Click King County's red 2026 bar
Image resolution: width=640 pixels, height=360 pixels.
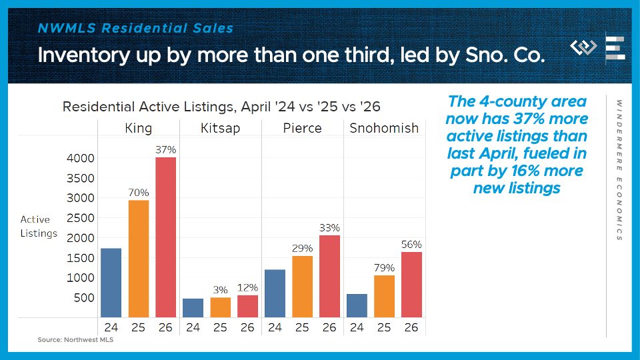tap(166, 237)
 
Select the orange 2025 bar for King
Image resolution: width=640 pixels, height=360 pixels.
tap(139, 259)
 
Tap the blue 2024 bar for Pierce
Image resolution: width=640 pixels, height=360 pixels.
tap(275, 293)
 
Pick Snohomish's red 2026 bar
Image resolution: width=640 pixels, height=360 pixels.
tap(411, 285)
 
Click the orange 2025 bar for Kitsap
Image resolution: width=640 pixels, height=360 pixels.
tap(221, 307)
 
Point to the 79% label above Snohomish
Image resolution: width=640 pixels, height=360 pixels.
tap(384, 268)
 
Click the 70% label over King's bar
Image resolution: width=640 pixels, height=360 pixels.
tap(139, 192)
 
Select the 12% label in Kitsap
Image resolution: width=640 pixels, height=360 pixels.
tap(247, 287)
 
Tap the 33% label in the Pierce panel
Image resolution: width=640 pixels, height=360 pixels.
tap(329, 227)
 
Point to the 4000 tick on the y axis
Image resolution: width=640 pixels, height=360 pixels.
tap(81, 158)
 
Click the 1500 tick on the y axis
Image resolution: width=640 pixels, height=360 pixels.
tap(81, 258)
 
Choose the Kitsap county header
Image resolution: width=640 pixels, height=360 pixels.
tap(221, 128)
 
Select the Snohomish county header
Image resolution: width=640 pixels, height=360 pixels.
tap(384, 128)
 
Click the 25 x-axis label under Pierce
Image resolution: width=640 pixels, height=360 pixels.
tap(302, 327)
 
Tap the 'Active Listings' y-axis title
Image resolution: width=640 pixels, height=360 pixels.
tap(39, 226)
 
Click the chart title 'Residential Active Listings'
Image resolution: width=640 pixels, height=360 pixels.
tap(149, 107)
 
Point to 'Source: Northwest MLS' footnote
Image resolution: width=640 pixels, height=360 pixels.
tap(75, 339)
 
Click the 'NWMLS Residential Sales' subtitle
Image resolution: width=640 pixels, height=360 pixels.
tap(135, 28)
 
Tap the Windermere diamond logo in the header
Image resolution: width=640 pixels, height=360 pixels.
tap(583, 47)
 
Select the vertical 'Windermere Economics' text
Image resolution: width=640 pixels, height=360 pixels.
tap(619, 170)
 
